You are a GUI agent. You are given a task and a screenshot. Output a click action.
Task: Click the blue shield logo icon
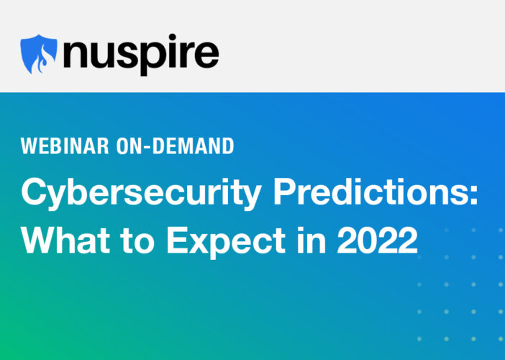coord(39,54)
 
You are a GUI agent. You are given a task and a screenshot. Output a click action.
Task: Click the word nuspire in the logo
coord(141,55)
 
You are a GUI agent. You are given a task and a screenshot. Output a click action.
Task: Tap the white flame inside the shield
coord(41,60)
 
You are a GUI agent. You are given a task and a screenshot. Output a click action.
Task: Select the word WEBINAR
coord(65,146)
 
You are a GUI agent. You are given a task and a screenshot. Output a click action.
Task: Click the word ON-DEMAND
coord(176,146)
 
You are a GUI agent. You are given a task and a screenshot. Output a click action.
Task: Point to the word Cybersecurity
coord(141,194)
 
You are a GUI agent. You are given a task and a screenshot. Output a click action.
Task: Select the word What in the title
coord(65,240)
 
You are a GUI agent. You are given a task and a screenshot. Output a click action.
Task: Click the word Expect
coord(226,243)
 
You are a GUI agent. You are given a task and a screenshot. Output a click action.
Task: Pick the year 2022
coord(377,240)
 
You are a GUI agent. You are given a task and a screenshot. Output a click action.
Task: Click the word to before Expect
coord(137,240)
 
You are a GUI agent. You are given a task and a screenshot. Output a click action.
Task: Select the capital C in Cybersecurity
coord(34,191)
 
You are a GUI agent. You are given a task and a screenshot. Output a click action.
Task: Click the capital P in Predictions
coord(285,191)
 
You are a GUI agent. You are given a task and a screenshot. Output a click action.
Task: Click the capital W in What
coord(39,240)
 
